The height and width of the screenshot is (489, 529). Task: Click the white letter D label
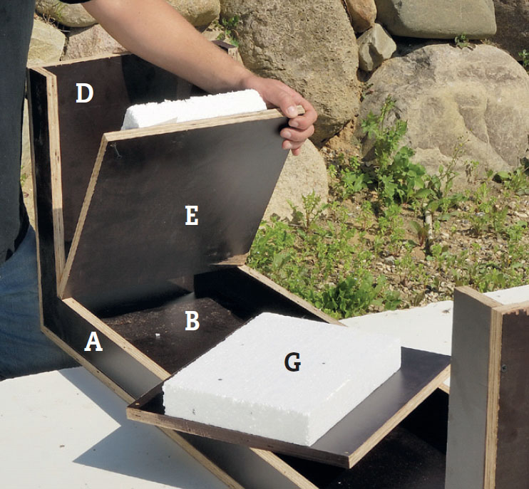pyautogui.click(x=84, y=93)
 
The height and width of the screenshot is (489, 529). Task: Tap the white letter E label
pyautogui.click(x=192, y=216)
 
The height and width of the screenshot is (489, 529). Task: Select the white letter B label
pyautogui.click(x=192, y=320)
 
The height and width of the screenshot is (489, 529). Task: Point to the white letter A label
pyautogui.click(x=93, y=342)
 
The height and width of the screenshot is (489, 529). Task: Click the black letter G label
pyautogui.click(x=292, y=362)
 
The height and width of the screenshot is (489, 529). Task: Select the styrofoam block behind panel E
pyautogui.click(x=194, y=110)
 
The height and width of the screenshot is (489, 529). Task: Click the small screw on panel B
pyautogui.click(x=158, y=335)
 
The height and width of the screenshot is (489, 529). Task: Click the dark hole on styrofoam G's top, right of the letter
pyautogui.click(x=323, y=364)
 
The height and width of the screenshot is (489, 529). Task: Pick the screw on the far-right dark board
pyautogui.click(x=504, y=368)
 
